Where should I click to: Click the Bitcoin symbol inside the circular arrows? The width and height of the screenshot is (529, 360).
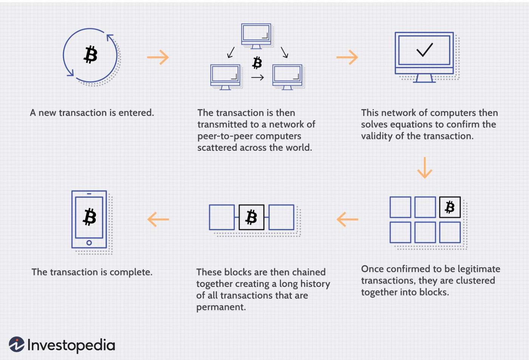[x=90, y=55]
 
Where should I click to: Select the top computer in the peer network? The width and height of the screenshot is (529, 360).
[x=256, y=35]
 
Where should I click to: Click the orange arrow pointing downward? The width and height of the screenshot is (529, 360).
[x=425, y=168]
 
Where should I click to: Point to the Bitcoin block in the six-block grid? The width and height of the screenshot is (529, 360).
[x=450, y=207]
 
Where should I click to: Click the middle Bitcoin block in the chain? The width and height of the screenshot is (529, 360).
[x=251, y=217]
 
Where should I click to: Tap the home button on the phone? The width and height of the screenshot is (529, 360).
[x=89, y=243]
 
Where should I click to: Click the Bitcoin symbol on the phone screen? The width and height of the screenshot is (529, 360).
[x=90, y=217]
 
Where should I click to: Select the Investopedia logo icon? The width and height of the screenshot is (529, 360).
[x=17, y=344]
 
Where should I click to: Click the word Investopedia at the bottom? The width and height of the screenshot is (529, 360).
[x=71, y=345]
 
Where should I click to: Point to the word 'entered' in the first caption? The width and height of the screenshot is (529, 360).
[x=136, y=113]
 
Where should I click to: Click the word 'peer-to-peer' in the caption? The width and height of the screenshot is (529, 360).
[x=223, y=136]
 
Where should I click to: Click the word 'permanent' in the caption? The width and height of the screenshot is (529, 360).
[x=220, y=307]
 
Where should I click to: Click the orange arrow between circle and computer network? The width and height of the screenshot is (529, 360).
[x=158, y=57]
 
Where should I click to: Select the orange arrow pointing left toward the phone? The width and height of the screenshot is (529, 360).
[x=158, y=219]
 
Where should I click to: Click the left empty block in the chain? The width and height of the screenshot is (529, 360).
[x=222, y=217]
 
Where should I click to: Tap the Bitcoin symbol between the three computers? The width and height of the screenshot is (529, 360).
[x=257, y=63]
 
